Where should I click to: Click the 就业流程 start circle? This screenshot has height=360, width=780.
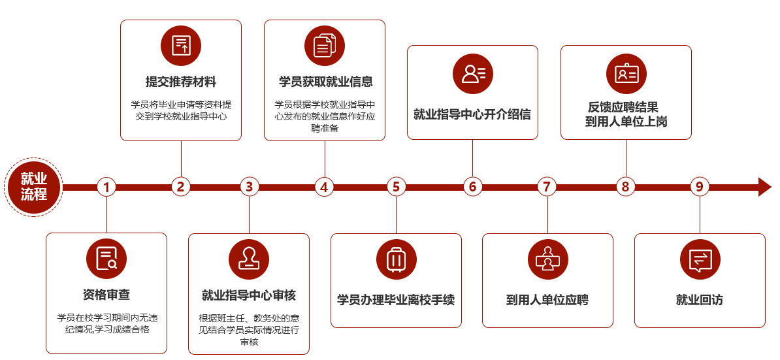[x=34, y=187]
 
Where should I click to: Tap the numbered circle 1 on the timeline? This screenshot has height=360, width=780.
[x=106, y=187]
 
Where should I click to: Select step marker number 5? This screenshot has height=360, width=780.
[x=396, y=187]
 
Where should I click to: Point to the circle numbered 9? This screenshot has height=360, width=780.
[x=700, y=187]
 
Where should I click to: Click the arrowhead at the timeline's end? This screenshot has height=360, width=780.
[x=764, y=187]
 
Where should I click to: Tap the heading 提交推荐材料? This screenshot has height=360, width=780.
[x=181, y=82]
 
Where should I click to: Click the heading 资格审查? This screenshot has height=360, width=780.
[x=106, y=295]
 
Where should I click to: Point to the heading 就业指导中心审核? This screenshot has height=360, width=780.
[x=249, y=295]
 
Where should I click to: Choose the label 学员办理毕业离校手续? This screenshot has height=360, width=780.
[x=396, y=300]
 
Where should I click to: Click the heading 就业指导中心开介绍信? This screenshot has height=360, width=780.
[x=472, y=114]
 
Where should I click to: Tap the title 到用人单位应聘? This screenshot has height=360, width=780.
[x=547, y=301]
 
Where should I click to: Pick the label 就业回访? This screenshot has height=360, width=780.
[x=700, y=301]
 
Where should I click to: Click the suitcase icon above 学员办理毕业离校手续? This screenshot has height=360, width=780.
[x=397, y=259]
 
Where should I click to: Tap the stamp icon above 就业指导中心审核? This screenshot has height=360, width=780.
[x=249, y=259]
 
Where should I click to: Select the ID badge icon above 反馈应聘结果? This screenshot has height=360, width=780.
[x=626, y=74]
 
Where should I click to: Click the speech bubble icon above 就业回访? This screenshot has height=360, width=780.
[x=700, y=259]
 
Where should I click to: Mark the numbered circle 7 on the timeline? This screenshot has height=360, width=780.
[x=547, y=187]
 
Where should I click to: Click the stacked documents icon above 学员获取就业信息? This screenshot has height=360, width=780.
[x=325, y=46]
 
